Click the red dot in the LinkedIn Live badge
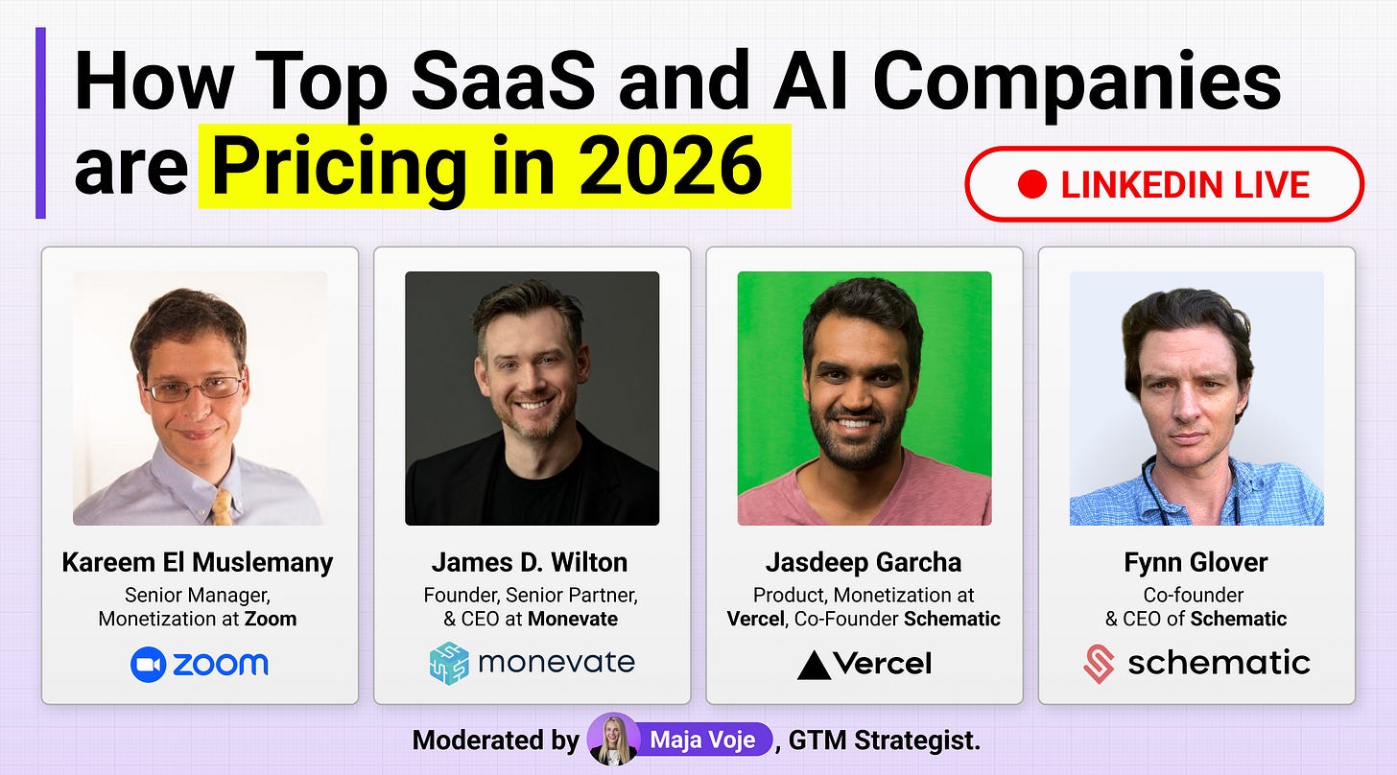(x=1031, y=185)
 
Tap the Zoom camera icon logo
(x=148, y=664)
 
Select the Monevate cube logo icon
(x=449, y=663)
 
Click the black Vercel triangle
(x=814, y=665)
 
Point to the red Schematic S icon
(x=1100, y=664)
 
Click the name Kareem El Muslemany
(x=198, y=563)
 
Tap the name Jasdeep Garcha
(x=864, y=563)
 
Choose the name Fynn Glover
(x=1196, y=563)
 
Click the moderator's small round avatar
(x=613, y=740)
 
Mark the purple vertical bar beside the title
(x=40, y=123)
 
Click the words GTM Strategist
(x=885, y=740)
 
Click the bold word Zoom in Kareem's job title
(x=271, y=619)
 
